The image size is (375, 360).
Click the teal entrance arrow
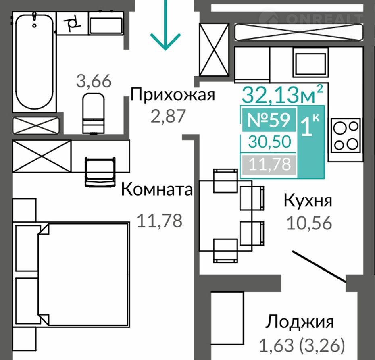(x=165, y=25)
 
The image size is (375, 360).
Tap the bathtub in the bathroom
(x=34, y=61)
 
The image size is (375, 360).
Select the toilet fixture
(x=93, y=113)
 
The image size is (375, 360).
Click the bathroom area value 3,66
(x=94, y=81)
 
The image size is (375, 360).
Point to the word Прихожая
(x=173, y=95)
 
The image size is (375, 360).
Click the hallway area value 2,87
(x=168, y=116)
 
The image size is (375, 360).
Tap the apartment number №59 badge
(x=269, y=119)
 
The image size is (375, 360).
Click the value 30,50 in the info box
(x=270, y=142)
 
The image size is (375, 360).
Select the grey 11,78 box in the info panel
(x=269, y=164)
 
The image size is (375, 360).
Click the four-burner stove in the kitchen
(x=346, y=135)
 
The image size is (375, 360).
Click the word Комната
(x=157, y=189)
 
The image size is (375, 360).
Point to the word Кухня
(x=308, y=200)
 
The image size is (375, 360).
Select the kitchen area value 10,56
(x=309, y=223)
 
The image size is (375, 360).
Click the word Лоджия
(x=300, y=322)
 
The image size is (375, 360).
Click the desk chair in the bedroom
(x=100, y=172)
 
